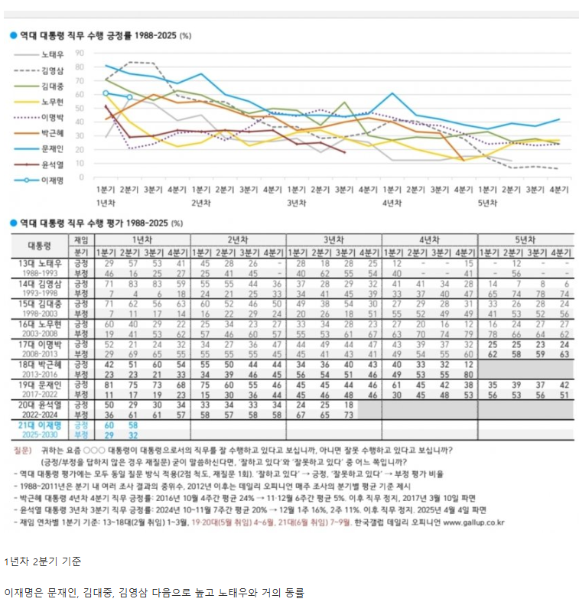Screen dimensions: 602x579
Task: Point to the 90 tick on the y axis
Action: (79, 54)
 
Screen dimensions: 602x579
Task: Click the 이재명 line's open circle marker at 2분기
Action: (129, 97)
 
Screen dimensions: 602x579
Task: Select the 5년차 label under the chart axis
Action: (486, 203)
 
